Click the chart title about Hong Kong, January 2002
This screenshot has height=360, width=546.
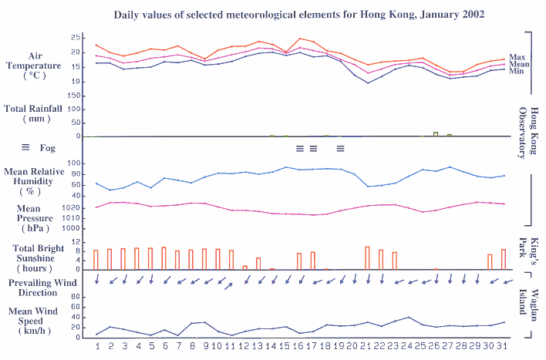pos(298,15)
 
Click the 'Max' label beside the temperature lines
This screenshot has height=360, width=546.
pos(516,56)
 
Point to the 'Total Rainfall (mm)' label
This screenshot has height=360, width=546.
pos(37,114)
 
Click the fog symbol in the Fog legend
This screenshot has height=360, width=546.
pos(25,147)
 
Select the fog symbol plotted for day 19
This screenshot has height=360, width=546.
pos(340,147)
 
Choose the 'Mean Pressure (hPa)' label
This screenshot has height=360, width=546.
pos(35,218)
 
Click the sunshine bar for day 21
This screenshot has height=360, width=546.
pos(367,258)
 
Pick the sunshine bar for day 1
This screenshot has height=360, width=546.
pos(96,260)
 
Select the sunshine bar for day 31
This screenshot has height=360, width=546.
pos(504,260)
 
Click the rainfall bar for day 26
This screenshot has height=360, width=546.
pos(436,134)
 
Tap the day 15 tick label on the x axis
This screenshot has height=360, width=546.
pos(286,345)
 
